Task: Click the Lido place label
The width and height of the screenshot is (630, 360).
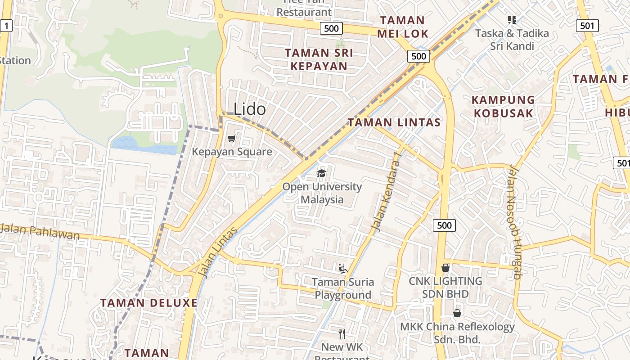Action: [249, 109]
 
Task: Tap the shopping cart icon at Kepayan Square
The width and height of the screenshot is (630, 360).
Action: [232, 139]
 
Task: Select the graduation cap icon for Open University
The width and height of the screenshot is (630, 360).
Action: [321, 174]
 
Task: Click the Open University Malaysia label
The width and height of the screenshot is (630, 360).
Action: [322, 193]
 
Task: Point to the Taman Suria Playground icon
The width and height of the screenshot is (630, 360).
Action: [343, 269]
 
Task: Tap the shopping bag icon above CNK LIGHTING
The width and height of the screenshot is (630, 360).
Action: [445, 268]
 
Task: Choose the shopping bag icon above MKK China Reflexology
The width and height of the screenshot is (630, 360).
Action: [457, 313]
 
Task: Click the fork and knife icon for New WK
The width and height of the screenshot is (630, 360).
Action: [342, 333]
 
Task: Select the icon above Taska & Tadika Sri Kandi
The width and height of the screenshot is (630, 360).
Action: [512, 20]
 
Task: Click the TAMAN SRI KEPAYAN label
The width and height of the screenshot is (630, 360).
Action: [319, 59]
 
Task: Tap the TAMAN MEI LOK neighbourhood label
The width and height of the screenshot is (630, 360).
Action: [402, 27]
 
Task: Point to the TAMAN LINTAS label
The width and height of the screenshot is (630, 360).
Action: [394, 122]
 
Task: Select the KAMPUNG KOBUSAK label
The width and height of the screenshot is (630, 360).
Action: [503, 106]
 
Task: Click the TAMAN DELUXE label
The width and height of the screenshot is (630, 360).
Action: [148, 303]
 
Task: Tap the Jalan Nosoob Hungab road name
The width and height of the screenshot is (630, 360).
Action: [514, 223]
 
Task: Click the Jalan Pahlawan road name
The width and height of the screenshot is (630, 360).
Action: [40, 231]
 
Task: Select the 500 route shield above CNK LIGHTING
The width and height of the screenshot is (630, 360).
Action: [444, 225]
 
